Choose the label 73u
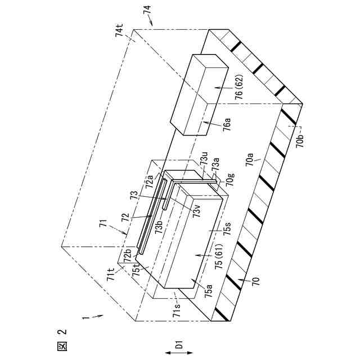pos(205,162)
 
